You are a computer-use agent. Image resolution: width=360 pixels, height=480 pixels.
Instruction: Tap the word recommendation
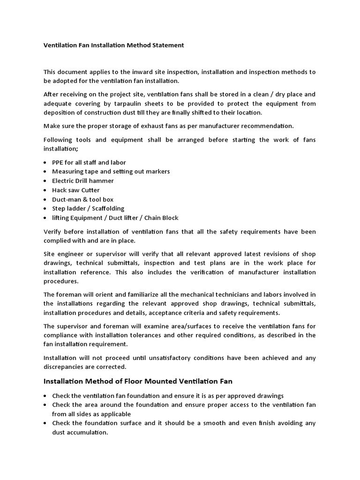click(x=267, y=126)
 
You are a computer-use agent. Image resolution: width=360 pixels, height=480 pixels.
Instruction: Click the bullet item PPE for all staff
click(x=82, y=162)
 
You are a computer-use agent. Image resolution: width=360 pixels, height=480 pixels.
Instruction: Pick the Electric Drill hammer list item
click(x=83, y=180)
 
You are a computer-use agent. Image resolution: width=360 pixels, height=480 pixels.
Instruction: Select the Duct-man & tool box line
click(x=82, y=199)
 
